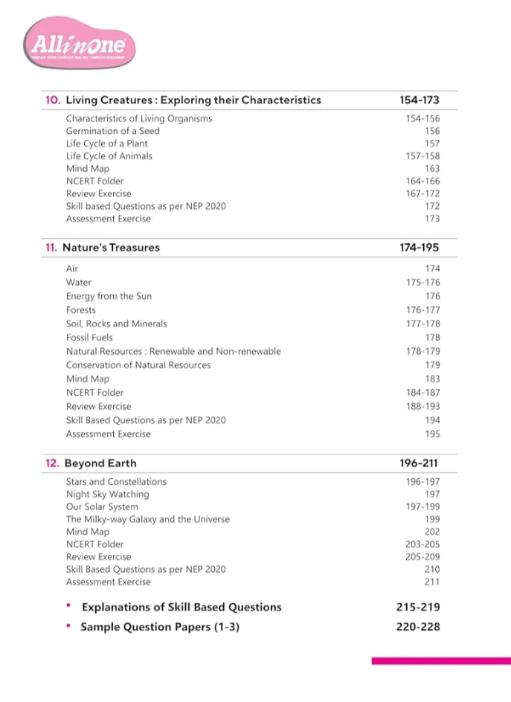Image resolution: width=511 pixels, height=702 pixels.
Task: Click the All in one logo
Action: (81, 45)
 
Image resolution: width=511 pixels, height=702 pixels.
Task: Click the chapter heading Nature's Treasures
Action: (111, 248)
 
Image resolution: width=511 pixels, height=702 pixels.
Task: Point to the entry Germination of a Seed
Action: (112, 131)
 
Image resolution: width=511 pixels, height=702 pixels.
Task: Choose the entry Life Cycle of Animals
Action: (109, 156)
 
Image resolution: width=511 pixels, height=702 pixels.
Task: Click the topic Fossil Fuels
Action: (89, 338)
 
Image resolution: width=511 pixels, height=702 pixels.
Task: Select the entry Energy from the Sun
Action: (109, 296)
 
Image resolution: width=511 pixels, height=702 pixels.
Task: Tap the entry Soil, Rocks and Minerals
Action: (116, 323)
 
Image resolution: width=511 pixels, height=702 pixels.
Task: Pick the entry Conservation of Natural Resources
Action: (138, 365)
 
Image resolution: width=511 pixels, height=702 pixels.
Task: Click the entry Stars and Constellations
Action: (116, 481)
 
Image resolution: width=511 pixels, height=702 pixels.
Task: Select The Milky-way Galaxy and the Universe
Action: (147, 519)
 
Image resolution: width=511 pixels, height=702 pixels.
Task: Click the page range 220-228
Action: (418, 627)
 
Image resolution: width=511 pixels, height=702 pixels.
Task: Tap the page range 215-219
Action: (418, 607)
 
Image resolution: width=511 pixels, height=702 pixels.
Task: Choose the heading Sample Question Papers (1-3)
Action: (159, 627)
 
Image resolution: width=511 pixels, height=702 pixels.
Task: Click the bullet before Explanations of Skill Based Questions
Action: (68, 606)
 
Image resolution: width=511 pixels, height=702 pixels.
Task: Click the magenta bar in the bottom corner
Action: (440, 660)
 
